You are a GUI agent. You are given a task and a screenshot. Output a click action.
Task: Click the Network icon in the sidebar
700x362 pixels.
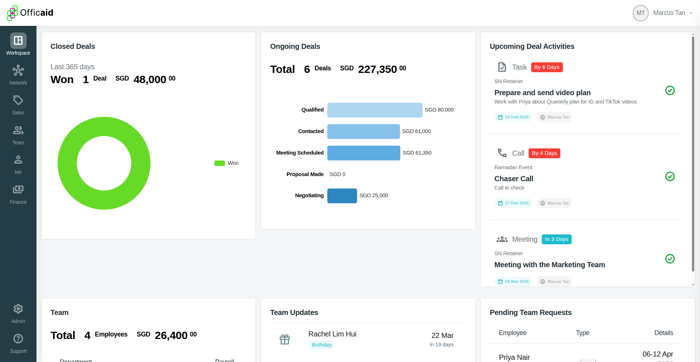point(18,70)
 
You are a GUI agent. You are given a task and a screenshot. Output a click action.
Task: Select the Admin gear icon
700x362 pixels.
point(18,309)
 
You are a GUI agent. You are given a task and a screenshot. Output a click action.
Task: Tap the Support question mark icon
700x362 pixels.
point(18,339)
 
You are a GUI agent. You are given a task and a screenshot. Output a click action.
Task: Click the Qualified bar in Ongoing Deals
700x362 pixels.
point(374,110)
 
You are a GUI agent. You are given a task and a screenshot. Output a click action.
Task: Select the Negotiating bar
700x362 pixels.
point(342,196)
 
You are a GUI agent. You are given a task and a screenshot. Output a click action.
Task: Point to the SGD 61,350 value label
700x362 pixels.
point(417,153)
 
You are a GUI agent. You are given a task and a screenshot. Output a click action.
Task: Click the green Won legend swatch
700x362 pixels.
point(219,163)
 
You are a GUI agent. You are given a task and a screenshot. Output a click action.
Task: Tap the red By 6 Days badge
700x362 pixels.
point(547,67)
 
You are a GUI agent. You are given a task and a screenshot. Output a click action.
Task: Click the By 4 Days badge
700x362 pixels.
point(544,153)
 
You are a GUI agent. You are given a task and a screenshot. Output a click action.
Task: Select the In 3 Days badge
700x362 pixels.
point(556,239)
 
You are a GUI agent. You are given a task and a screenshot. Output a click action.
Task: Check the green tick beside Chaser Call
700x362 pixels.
point(670,176)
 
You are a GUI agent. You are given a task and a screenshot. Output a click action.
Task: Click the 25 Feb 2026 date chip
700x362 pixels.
point(513,117)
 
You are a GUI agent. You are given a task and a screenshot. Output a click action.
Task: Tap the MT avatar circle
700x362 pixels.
point(641,13)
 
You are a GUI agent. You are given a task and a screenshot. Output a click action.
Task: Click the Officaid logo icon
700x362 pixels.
point(12,13)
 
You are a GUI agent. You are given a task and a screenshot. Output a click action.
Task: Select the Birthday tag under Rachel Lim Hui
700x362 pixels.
point(322,345)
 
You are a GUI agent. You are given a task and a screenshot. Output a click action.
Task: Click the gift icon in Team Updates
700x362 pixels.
point(285,339)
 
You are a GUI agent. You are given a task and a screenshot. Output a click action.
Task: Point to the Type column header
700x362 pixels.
point(582,333)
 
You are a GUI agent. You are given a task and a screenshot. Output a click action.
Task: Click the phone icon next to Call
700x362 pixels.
point(502,153)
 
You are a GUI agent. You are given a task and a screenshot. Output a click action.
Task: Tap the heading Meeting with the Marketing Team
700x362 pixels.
point(549,265)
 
